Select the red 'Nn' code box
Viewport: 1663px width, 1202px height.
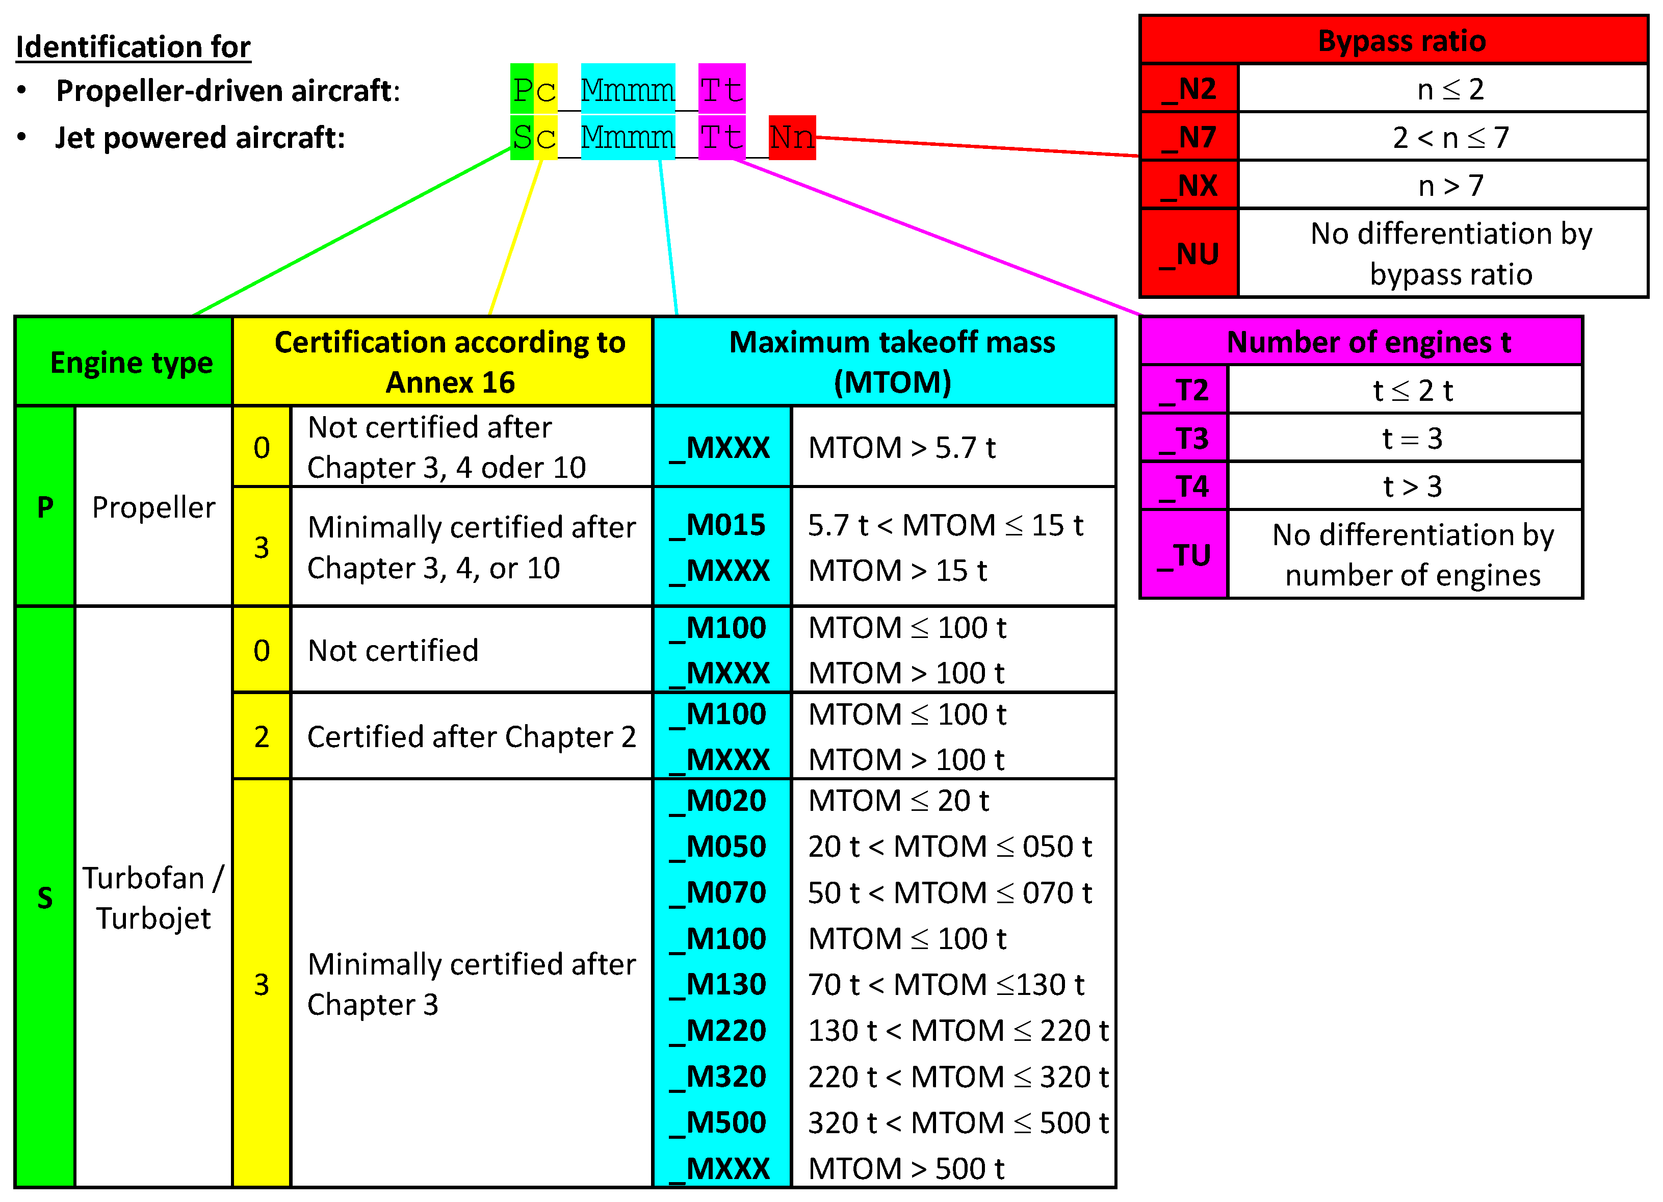pos(792,137)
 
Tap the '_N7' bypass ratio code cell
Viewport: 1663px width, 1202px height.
pos(1189,137)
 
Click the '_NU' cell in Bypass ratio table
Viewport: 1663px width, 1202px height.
pos(1189,254)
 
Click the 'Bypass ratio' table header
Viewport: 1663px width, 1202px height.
pos(1401,41)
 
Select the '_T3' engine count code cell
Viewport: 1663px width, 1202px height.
pos(1184,439)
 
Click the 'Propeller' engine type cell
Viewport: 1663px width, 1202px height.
pos(153,507)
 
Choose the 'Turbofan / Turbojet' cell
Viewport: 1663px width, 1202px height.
pos(153,897)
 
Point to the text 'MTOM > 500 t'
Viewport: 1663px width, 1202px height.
pos(906,1168)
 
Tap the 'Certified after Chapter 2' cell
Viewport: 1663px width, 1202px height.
pos(472,736)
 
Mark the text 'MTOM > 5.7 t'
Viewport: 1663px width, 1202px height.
pos(902,447)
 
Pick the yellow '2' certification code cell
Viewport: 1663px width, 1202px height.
pos(262,736)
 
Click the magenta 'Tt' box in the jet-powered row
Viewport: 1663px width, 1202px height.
pos(721,137)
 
